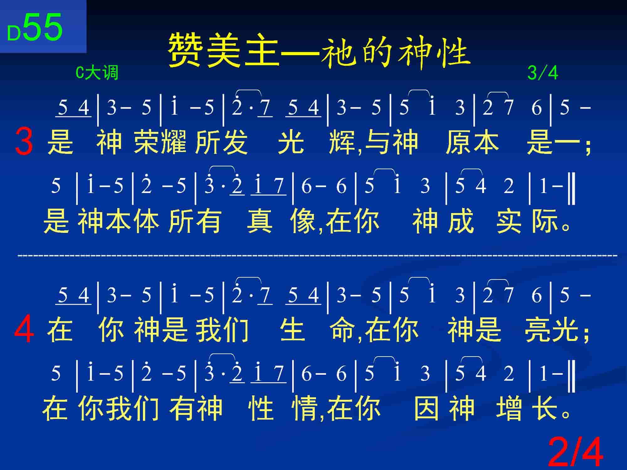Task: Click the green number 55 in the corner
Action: click(x=43, y=28)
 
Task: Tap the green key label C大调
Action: click(x=97, y=73)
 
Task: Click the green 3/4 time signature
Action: click(x=543, y=73)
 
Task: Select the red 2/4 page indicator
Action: click(x=576, y=452)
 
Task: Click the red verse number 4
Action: click(x=24, y=329)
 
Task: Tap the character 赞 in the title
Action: click(x=185, y=50)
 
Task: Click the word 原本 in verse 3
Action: click(x=472, y=142)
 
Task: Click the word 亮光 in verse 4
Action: click(x=552, y=330)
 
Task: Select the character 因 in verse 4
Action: click(x=426, y=408)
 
